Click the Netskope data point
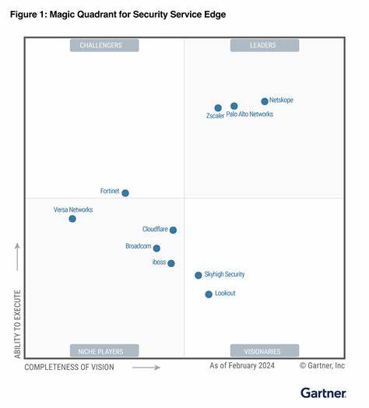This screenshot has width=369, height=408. pos(265,101)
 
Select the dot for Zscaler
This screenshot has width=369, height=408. pos(218,108)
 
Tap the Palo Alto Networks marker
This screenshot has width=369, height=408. pos(234,106)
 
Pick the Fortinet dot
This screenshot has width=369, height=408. pos(125,193)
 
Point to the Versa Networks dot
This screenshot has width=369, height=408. pos(72,219)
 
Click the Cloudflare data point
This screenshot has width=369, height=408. pos(173,230)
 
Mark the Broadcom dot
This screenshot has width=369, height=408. pos(156,248)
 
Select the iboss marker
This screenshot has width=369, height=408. pos(171,263)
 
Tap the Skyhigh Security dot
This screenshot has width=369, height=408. pos(199,275)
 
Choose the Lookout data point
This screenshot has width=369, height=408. pos(209,294)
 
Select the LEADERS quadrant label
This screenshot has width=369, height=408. pos(263,46)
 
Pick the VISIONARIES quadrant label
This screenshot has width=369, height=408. pos(263,350)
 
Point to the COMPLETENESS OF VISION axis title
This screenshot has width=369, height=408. pos(69,367)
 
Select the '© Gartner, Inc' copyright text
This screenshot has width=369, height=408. pos(322,365)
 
